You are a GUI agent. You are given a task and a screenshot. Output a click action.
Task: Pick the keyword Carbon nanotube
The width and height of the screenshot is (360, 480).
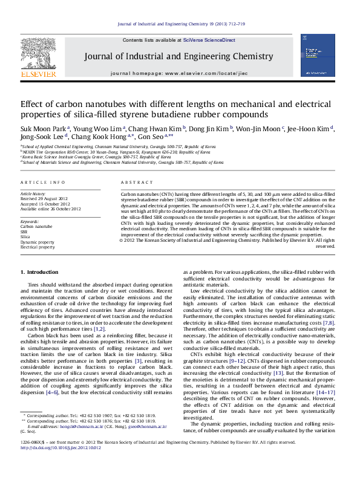pyautogui.click(x=36, y=226)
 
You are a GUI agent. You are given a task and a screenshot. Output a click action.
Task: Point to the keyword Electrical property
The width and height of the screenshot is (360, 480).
pyautogui.click(x=38, y=247)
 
